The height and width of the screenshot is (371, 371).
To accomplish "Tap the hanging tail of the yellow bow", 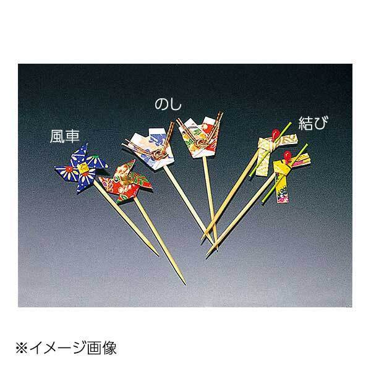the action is click(x=284, y=185).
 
